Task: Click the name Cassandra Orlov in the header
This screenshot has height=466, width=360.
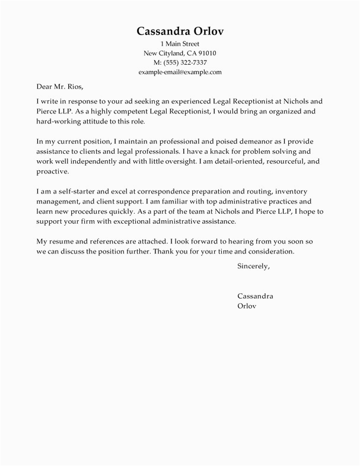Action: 180,31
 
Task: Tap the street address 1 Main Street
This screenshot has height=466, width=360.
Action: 180,45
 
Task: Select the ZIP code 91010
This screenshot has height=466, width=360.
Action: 205,53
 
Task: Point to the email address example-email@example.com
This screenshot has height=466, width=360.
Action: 180,72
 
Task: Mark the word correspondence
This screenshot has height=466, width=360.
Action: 147,192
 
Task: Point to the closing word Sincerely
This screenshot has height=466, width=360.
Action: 253,267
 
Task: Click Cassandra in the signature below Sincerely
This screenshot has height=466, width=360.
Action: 255,296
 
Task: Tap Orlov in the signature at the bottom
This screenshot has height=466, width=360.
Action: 247,306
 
